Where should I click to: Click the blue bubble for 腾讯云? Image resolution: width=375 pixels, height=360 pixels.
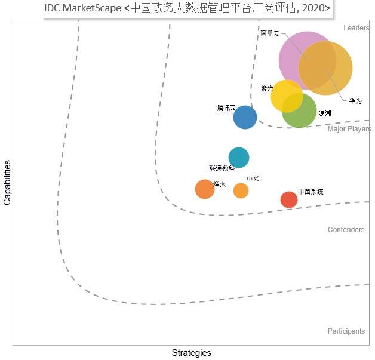[245, 118]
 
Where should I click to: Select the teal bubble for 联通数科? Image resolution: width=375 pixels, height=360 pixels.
[239, 158]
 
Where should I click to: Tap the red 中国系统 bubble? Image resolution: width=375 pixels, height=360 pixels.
[289, 199]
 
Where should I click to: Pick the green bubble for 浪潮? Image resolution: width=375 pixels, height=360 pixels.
[299, 110]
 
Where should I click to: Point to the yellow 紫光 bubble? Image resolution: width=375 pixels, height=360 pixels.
[287, 96]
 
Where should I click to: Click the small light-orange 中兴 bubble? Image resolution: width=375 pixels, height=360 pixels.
[241, 191]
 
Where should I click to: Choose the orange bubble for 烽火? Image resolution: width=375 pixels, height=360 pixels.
[205, 189]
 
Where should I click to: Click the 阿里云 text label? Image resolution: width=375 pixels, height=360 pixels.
[270, 33]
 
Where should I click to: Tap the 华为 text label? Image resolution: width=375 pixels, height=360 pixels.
[355, 101]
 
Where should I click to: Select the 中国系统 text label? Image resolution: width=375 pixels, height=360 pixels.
[311, 192]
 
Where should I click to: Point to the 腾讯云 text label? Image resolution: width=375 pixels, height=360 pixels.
[226, 108]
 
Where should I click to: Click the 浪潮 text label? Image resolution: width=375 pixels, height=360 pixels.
[324, 113]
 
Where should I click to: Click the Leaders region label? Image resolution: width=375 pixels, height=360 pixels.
[356, 28]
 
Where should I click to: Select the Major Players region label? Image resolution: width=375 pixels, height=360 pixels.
[349, 129]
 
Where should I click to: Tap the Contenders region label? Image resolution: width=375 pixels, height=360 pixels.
[346, 230]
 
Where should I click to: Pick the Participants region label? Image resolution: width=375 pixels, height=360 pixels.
[346, 331]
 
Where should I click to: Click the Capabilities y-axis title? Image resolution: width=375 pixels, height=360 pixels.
[7, 183]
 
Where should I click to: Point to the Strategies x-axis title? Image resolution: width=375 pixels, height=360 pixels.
[191, 353]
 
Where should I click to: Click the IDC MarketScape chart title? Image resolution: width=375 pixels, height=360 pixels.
[187, 8]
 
